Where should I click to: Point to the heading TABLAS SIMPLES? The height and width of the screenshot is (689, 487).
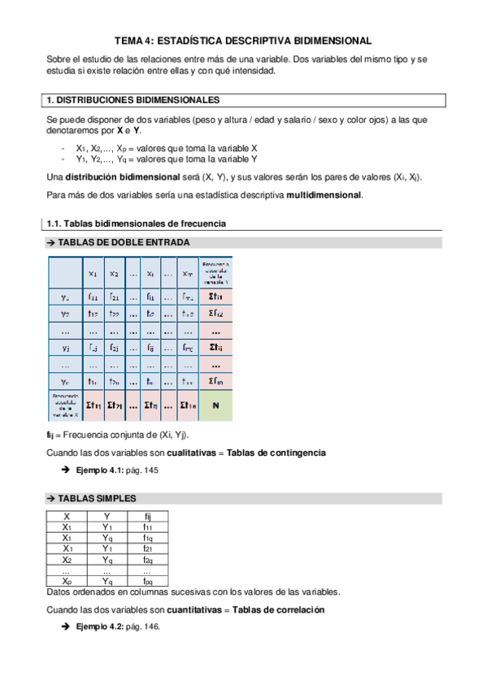[x=97, y=498]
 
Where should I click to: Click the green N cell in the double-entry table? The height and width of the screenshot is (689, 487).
[x=215, y=405]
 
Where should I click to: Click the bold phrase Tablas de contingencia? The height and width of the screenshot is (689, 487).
[x=276, y=452]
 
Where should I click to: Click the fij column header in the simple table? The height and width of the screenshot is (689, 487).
[x=147, y=516]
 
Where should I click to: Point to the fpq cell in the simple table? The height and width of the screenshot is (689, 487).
[x=147, y=581]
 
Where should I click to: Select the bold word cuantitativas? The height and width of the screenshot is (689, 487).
[x=193, y=609]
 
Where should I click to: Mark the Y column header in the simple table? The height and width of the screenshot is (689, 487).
[x=107, y=516]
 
